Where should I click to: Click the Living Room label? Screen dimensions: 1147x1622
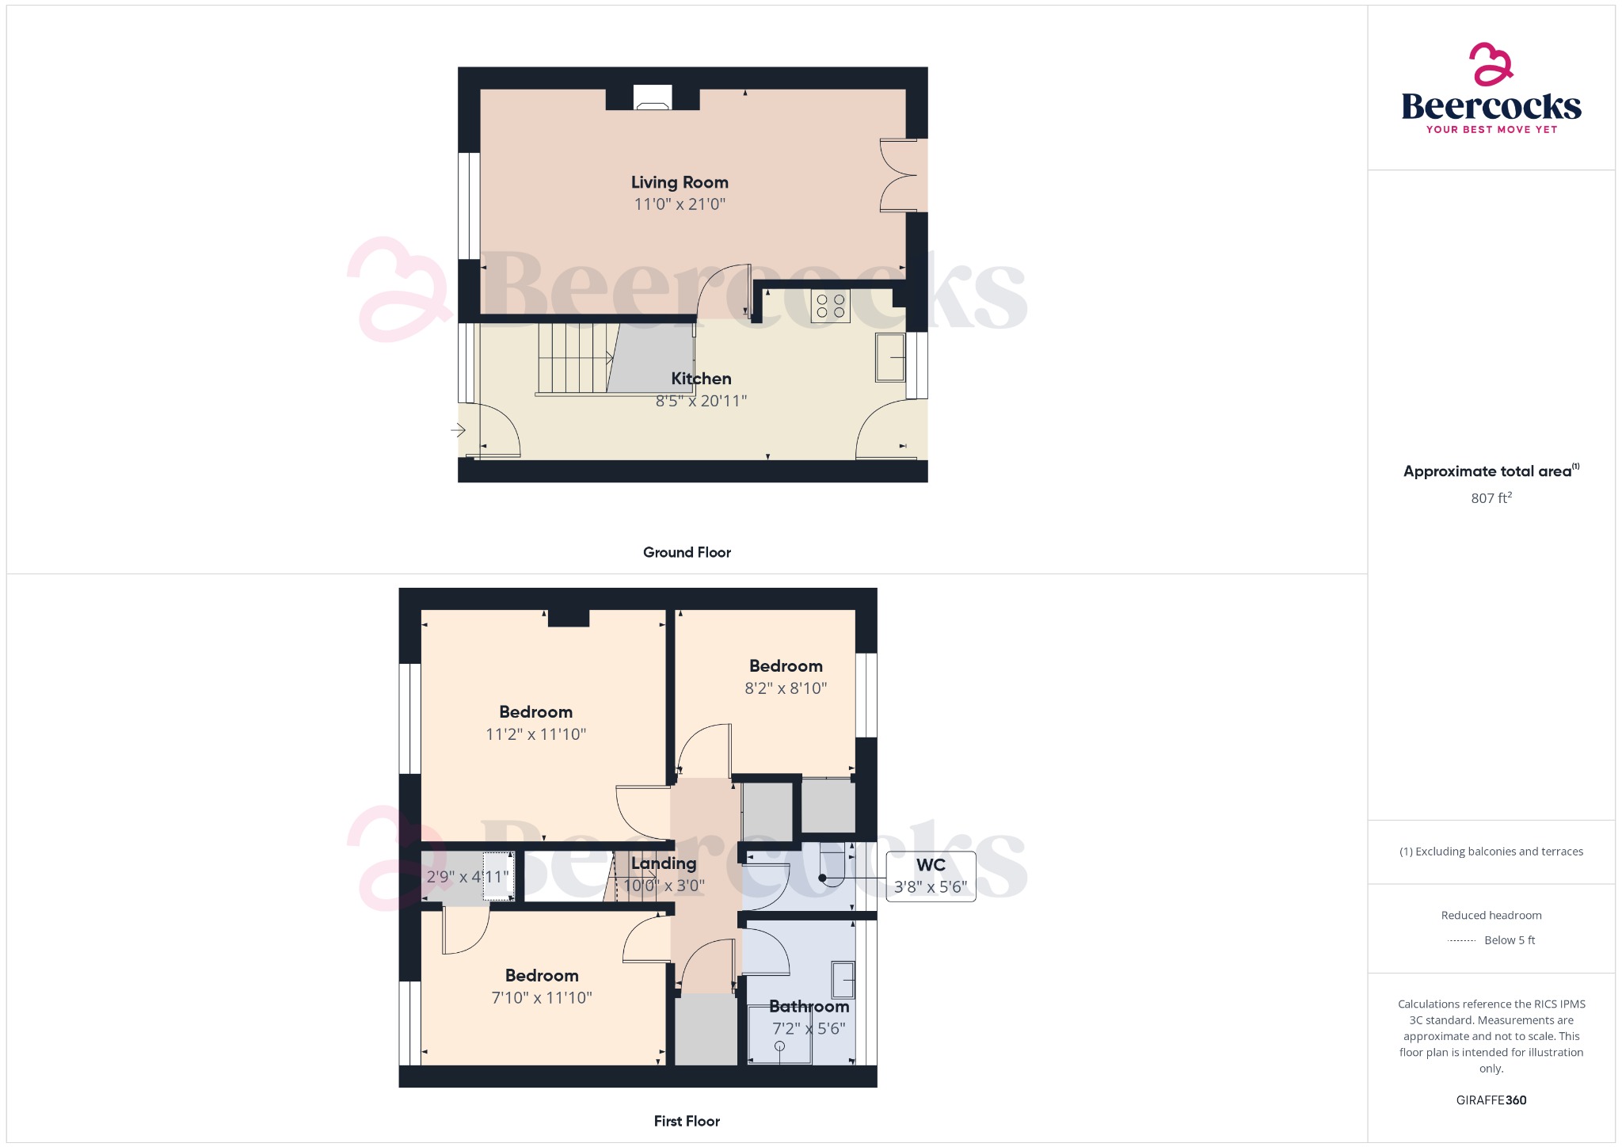680,182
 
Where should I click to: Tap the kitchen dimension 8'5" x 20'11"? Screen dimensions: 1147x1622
701,401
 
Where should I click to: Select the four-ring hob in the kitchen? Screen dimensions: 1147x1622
831,306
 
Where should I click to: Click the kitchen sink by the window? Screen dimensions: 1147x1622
891,357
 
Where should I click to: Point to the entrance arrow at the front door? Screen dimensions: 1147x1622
458,430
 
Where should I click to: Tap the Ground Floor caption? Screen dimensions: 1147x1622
687,552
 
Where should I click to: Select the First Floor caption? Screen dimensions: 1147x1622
687,1121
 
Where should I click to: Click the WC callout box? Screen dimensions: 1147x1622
931,875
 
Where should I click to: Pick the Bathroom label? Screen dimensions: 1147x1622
809,1007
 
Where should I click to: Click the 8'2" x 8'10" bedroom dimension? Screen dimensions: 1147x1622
786,688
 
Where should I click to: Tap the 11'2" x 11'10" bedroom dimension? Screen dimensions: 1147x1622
535,734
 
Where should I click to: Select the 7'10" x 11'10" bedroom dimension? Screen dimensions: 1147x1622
542,998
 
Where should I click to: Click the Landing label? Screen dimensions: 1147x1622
664,863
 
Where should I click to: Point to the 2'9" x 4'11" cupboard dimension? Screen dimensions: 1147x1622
467,877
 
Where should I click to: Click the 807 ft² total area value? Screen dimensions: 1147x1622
1491,498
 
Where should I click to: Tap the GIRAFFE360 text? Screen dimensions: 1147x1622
1491,1100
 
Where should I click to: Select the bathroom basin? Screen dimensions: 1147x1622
843,980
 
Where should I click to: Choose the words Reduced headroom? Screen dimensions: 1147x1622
1491,915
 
